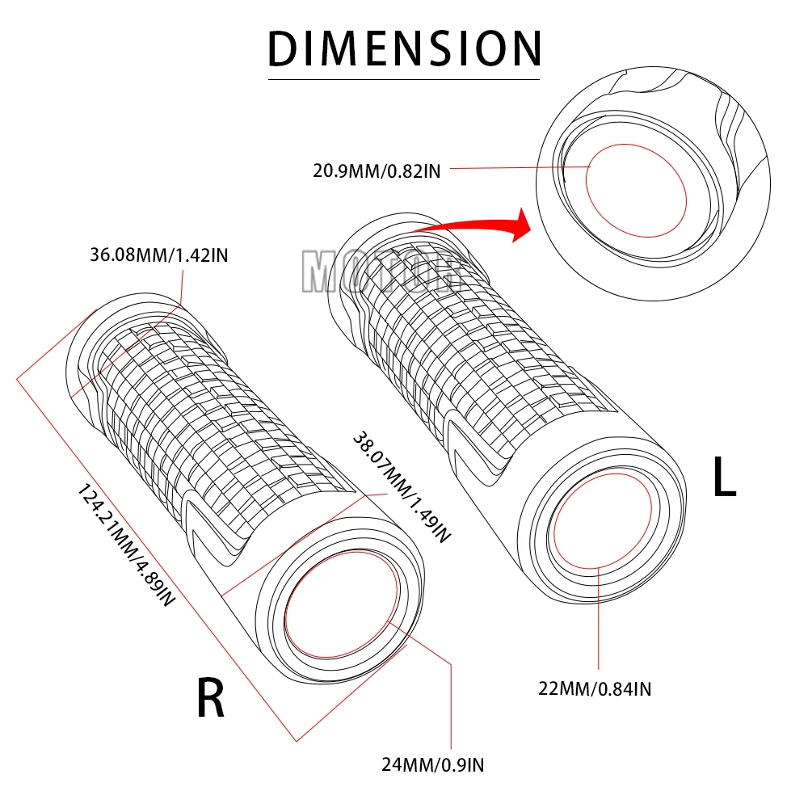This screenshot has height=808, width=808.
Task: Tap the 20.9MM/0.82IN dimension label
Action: click(x=377, y=170)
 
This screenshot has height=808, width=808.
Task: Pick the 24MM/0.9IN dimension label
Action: click(x=434, y=764)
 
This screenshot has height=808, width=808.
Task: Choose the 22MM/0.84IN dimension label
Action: click(x=596, y=689)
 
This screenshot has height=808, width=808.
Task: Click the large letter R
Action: click(x=210, y=699)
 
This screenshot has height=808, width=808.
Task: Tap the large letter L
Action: click(x=724, y=478)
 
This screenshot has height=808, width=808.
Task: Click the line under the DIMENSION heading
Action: click(x=404, y=79)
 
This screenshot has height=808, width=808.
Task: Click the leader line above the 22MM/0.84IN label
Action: click(x=597, y=622)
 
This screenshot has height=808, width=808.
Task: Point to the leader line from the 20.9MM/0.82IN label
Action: click(x=517, y=168)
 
